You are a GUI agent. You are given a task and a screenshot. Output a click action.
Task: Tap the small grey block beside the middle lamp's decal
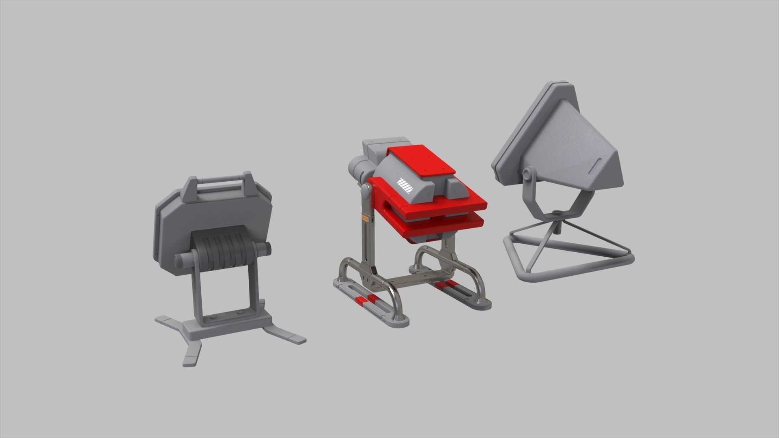click(x=453, y=187)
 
